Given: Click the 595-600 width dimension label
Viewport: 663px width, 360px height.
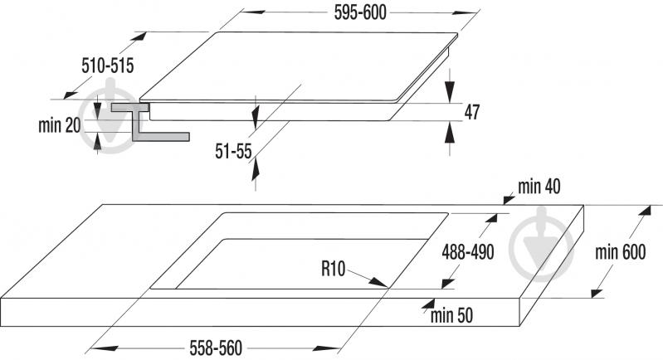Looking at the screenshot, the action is click(360, 12).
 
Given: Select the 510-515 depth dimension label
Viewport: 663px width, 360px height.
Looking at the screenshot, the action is click(107, 66).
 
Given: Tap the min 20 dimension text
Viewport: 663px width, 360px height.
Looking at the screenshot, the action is click(59, 125).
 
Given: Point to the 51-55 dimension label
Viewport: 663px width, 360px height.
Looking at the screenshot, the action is click(233, 151).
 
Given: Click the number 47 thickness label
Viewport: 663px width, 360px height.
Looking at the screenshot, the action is click(472, 112).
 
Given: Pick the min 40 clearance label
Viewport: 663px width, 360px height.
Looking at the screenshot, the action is click(539, 187).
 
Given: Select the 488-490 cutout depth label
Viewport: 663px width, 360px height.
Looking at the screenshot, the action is click(468, 252).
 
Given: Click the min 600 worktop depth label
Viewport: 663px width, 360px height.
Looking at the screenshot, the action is click(621, 252).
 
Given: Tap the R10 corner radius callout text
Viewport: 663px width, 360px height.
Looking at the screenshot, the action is click(334, 268).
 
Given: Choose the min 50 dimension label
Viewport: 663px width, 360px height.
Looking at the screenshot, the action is click(451, 315).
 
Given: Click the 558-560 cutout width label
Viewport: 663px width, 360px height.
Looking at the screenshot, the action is click(216, 348).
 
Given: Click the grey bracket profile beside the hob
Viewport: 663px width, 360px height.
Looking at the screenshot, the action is click(148, 123).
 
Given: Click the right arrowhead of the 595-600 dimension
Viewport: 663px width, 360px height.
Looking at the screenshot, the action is click(465, 12).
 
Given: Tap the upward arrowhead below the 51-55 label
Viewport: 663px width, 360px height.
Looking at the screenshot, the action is click(255, 170).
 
